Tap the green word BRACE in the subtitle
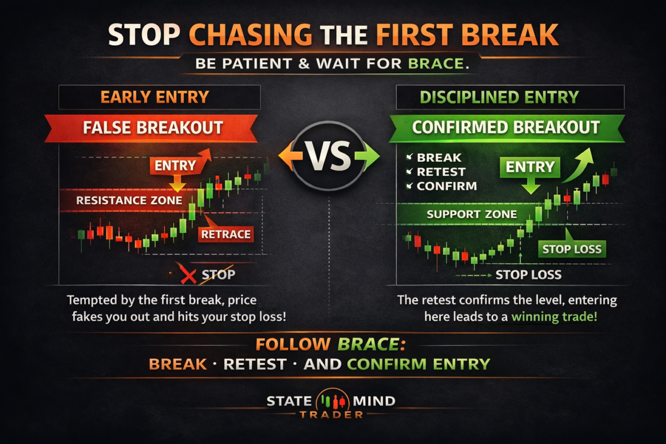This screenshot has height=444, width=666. pos(435,64)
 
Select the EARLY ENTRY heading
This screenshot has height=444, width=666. pos(155,97)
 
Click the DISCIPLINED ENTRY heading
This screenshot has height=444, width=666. pos(499,97)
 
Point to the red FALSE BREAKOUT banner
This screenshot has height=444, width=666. pos(151,128)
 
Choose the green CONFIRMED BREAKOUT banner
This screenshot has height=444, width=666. pos(506,128)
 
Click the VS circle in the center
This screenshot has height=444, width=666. pos(329,156)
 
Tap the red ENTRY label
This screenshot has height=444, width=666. pos(175,165)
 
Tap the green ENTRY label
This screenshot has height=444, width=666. pos(530,167)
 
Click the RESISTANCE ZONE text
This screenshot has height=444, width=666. pos(129,200)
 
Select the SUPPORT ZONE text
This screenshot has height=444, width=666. pos(472,214)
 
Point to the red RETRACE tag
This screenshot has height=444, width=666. pos(226,235)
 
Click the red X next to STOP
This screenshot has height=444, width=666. pos(189,276)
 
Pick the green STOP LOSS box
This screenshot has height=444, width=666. pos(572,249)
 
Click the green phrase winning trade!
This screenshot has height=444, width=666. pos(554,317)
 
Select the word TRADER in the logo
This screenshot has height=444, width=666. pos(331,415)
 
